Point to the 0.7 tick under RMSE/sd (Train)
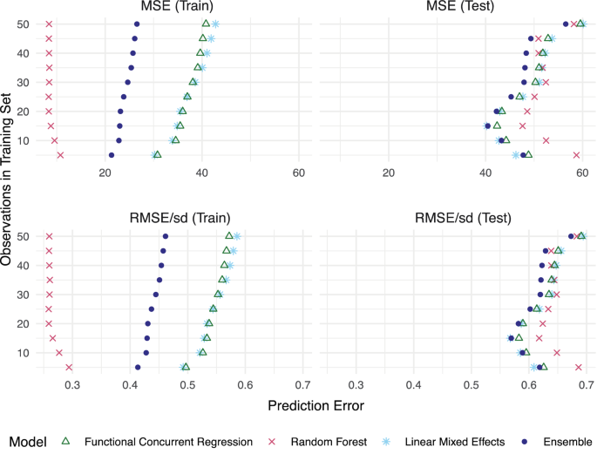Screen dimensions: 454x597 click(302, 384)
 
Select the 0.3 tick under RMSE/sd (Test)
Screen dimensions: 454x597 click(356, 384)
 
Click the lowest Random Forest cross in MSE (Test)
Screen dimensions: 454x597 click(577, 155)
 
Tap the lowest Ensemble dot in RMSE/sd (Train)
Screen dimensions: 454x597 click(138, 367)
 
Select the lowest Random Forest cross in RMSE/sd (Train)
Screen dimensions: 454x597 click(69, 367)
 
